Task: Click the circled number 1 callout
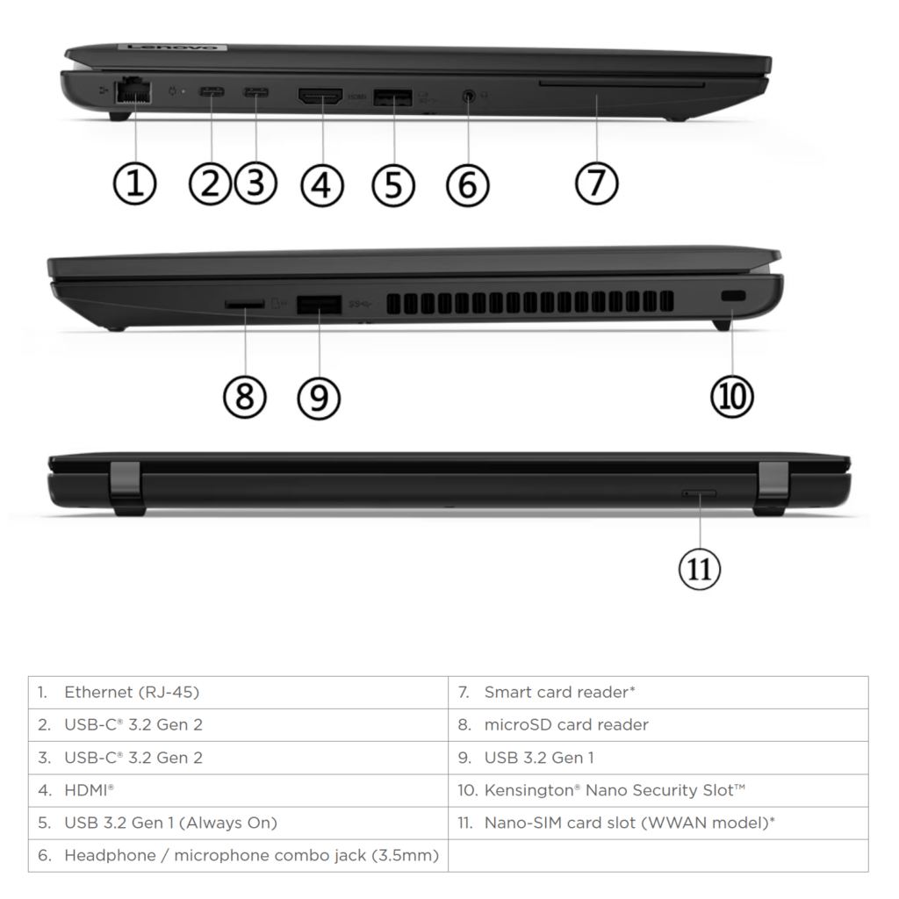click(x=134, y=183)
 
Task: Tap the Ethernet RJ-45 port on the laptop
click(x=133, y=90)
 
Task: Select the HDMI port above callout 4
click(x=321, y=97)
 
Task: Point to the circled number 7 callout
click(x=597, y=183)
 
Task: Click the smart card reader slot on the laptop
click(x=622, y=85)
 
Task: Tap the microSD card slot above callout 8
click(x=245, y=304)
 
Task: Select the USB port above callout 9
click(x=319, y=305)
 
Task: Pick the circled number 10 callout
click(x=732, y=396)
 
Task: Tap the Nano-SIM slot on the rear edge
click(x=700, y=494)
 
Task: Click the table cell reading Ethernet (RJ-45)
click(x=132, y=692)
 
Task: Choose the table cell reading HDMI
click(x=90, y=790)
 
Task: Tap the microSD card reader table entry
click(x=566, y=724)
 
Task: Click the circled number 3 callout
click(x=255, y=183)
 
